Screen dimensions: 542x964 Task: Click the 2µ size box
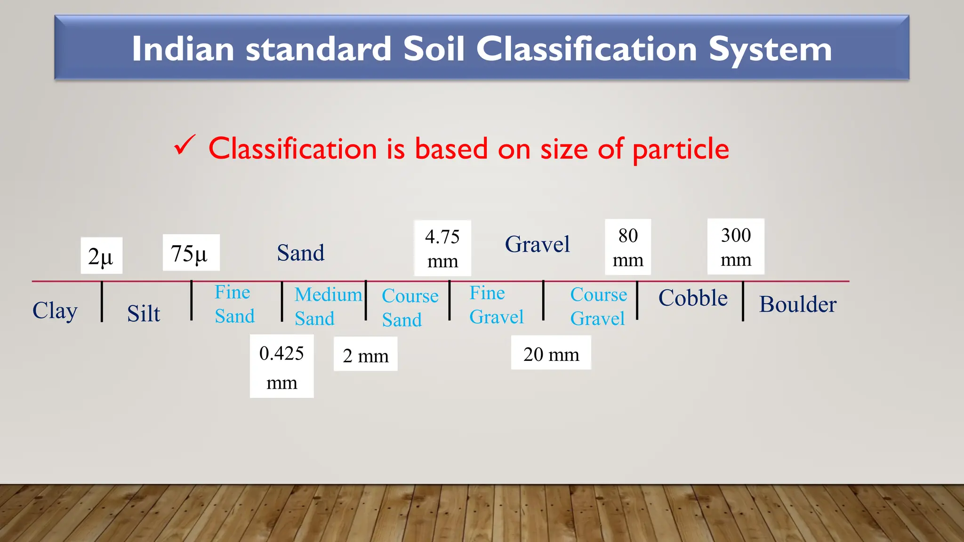coord(101,256)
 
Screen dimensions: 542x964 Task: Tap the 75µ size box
coord(191,253)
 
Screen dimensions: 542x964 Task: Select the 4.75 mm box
coord(442,248)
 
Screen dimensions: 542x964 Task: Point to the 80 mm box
coord(628,247)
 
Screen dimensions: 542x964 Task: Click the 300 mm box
coord(736,247)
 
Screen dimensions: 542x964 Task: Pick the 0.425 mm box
coord(281,367)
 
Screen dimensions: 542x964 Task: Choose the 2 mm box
coord(366,354)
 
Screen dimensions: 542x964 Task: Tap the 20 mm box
coord(551,353)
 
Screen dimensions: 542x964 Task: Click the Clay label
coord(55,311)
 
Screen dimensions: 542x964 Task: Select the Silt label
coord(144,313)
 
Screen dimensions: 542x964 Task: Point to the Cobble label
coord(693,298)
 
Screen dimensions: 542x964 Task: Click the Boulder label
coord(798,304)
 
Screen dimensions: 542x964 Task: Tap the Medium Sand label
coord(328,306)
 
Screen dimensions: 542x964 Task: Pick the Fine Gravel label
coord(496,305)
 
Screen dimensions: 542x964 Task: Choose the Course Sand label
coord(410,308)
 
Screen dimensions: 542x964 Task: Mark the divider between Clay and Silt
coord(102,302)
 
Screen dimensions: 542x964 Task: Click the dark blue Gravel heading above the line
coord(537,244)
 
